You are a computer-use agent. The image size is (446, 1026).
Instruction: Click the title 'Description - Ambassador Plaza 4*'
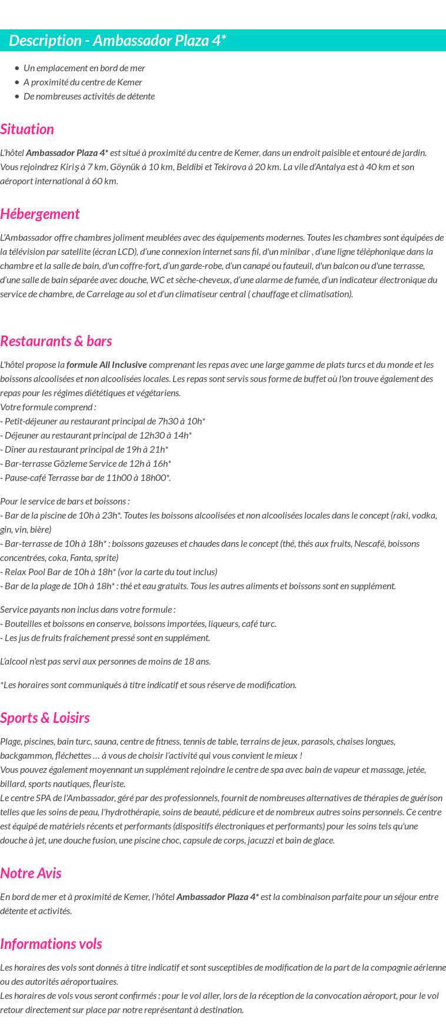tap(118, 41)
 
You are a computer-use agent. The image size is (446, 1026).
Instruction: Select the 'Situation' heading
tap(27, 130)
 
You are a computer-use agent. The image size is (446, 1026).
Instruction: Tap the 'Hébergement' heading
tap(40, 214)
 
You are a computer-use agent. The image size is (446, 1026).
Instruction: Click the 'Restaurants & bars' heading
tap(56, 341)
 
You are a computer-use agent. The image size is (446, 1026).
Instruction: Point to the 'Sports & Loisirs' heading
tap(45, 718)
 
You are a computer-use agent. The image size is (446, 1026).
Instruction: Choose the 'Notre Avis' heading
tap(31, 874)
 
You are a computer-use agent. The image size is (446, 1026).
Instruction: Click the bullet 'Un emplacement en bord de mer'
tap(84, 68)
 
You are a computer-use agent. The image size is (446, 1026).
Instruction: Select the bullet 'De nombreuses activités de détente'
tap(89, 97)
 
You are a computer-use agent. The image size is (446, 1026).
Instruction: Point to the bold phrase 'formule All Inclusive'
tap(106, 365)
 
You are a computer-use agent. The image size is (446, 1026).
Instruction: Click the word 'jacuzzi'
tap(274, 841)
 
